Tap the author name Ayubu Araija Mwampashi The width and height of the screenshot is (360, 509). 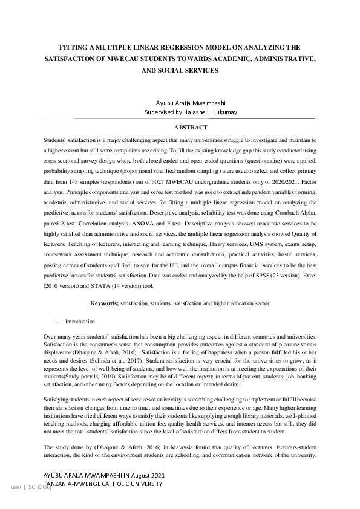(x=180, y=103)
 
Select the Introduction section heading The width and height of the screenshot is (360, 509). (x=80, y=322)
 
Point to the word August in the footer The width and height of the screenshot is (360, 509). (x=139, y=476)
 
